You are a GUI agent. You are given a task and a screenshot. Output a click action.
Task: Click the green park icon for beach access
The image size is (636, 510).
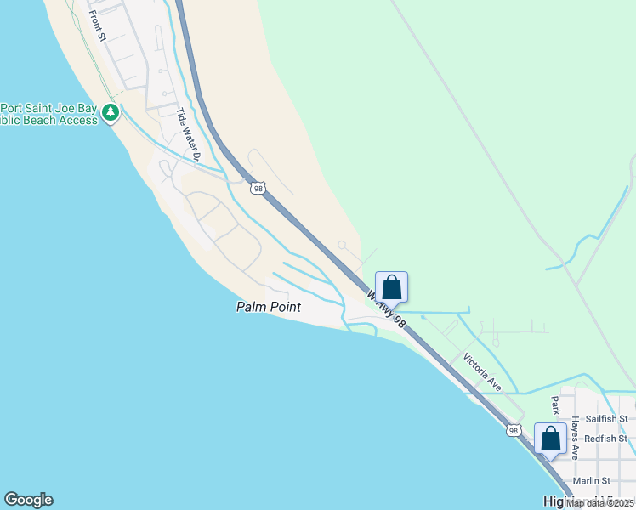(x=110, y=112)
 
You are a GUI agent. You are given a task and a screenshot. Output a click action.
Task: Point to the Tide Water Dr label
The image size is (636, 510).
(x=188, y=134)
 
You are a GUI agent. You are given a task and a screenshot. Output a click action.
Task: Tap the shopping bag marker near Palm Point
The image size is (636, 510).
(x=391, y=287)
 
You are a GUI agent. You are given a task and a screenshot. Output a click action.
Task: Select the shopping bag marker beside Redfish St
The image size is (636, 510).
(x=550, y=439)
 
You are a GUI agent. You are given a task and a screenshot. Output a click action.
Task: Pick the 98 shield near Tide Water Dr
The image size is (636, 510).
(x=258, y=188)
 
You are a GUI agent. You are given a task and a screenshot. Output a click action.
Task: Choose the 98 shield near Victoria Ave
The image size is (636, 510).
(x=513, y=430)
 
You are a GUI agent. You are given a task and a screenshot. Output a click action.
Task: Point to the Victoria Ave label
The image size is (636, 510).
(x=482, y=372)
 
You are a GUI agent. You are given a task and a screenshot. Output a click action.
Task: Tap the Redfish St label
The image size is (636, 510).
(x=605, y=439)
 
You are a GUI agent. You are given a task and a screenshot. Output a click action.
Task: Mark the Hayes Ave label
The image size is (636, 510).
(x=576, y=437)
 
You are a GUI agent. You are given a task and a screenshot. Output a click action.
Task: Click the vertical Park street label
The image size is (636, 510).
(x=555, y=406)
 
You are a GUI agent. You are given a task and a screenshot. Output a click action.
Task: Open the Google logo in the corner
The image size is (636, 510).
(x=28, y=500)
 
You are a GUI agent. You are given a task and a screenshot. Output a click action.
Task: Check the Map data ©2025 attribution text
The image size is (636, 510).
(x=599, y=503)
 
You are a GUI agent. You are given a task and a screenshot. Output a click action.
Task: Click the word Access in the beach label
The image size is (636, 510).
(x=79, y=120)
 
